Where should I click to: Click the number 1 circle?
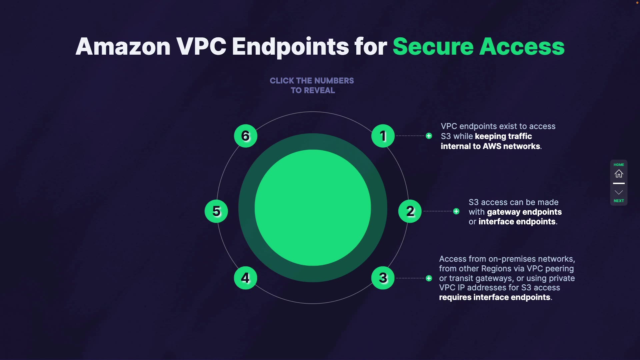pyautogui.click(x=383, y=136)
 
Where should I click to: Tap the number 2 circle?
pyautogui.click(x=410, y=211)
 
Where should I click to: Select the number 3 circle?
pyautogui.click(x=383, y=278)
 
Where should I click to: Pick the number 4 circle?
pyautogui.click(x=245, y=278)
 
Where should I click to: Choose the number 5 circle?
pyautogui.click(x=216, y=211)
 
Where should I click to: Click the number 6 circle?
pyautogui.click(x=245, y=136)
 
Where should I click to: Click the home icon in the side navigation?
pyautogui.click(x=619, y=174)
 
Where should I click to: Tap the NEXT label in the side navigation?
pyautogui.click(x=619, y=201)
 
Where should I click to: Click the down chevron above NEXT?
pyautogui.click(x=619, y=192)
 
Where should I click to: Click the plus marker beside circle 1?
pyautogui.click(x=429, y=136)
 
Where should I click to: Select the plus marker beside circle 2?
pyautogui.click(x=456, y=211)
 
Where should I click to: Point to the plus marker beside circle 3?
pyautogui.click(x=429, y=278)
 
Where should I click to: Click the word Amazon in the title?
pyautogui.click(x=123, y=46)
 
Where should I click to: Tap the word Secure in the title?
pyautogui.click(x=433, y=46)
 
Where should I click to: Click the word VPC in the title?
pyautogui.click(x=201, y=46)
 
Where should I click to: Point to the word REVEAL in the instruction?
pyautogui.click(x=319, y=90)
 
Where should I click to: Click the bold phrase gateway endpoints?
pyautogui.click(x=524, y=212)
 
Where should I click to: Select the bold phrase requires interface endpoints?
pyautogui.click(x=494, y=297)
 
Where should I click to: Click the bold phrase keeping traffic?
pyautogui.click(x=503, y=136)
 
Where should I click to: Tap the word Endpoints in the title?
pyautogui.click(x=290, y=46)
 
